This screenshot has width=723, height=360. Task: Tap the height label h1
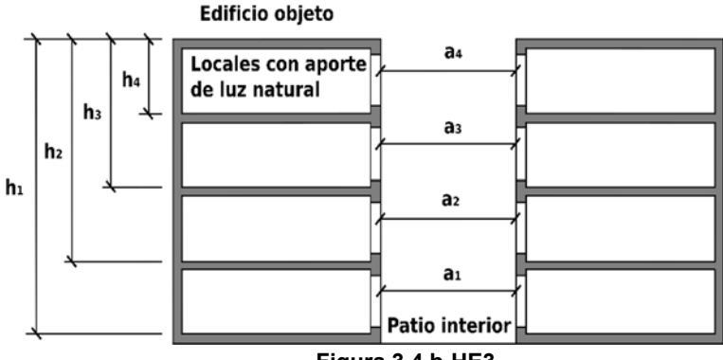pos(13,189)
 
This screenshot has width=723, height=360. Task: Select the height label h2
pos(51,151)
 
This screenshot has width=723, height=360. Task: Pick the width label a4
pos(454,54)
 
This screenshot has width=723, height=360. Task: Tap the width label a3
pos(454,126)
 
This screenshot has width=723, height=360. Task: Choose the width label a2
pos(454,201)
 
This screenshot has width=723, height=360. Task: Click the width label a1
pos(454,273)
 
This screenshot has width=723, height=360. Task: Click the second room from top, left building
pos(275,153)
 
